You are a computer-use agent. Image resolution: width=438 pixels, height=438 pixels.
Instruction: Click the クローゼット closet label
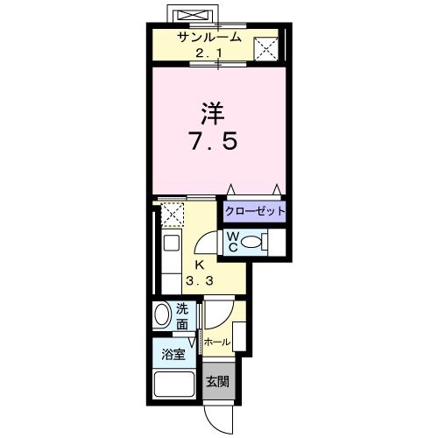click(x=254, y=211)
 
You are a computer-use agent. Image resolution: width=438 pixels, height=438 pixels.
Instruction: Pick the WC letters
click(x=233, y=241)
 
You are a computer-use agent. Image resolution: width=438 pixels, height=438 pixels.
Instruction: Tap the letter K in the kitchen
click(x=199, y=265)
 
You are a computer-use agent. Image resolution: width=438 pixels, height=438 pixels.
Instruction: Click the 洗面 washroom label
click(x=182, y=316)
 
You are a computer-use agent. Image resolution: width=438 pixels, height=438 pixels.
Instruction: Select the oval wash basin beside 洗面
click(x=162, y=316)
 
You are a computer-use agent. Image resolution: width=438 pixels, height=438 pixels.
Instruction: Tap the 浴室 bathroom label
click(x=173, y=354)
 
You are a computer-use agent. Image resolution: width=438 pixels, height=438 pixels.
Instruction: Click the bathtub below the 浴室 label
click(x=174, y=385)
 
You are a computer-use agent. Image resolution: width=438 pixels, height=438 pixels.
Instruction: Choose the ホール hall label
click(x=217, y=342)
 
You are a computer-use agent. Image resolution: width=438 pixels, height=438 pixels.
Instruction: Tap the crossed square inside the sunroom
click(x=266, y=49)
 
